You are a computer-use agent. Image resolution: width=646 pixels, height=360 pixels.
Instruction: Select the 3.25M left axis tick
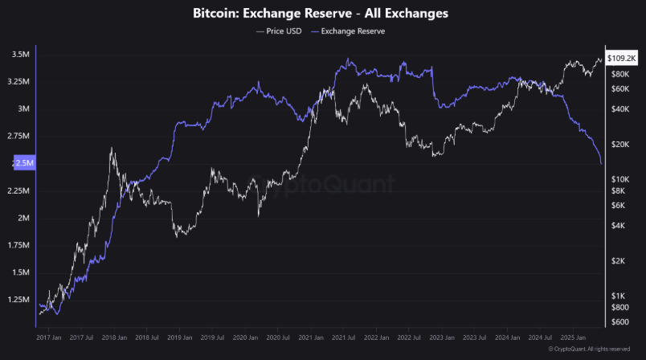[x=20, y=82]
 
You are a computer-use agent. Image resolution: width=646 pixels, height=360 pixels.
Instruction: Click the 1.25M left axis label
[x=20, y=300]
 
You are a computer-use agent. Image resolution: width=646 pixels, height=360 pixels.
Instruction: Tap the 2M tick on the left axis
[x=23, y=218]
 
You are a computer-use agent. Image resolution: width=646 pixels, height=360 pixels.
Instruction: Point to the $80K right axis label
[x=619, y=74]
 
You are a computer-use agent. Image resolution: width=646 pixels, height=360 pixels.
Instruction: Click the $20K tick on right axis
[x=619, y=145]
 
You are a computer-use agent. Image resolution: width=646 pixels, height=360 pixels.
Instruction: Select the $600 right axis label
[x=619, y=322]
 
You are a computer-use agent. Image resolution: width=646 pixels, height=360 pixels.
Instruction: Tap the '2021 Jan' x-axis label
[x=312, y=339]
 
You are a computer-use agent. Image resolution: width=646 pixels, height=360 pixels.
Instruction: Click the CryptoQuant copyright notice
[x=590, y=350]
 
